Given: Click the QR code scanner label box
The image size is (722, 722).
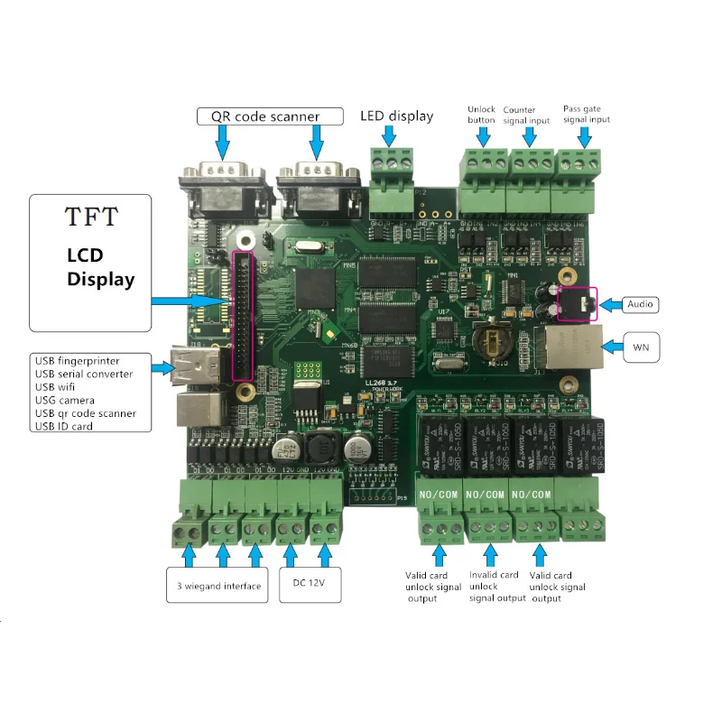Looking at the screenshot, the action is point(272,116).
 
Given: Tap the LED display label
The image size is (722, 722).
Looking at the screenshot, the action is point(396,116).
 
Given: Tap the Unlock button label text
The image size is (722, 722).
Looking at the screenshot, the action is point(482,114).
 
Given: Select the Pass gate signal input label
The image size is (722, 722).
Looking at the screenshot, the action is point(586,114).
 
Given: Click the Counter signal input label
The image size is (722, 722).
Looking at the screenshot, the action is point(526,115).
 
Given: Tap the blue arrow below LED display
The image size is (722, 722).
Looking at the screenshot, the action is point(389,134).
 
